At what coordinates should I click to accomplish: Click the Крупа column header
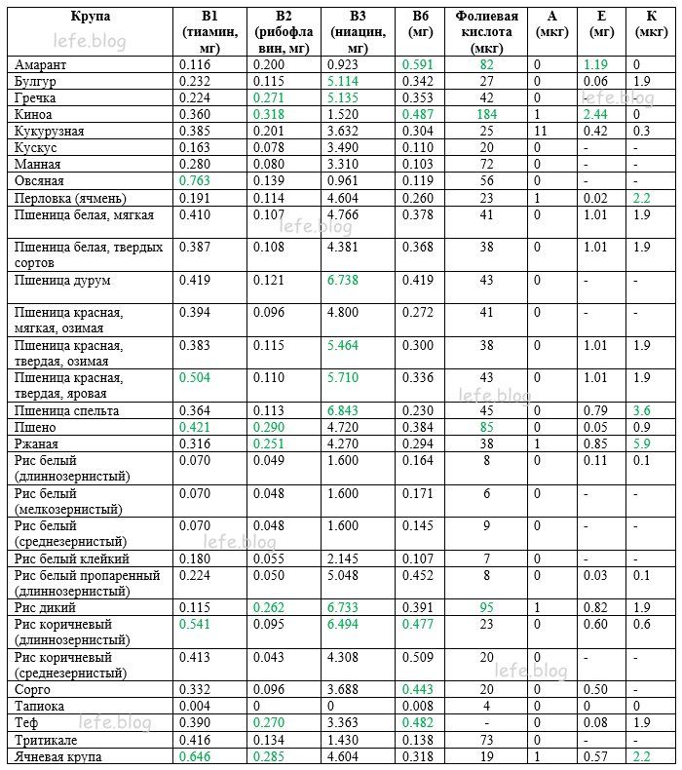coord(91,17)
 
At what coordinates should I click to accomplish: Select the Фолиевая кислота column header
coord(486,31)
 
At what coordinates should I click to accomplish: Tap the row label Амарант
coord(41,64)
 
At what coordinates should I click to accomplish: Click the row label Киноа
coord(34,114)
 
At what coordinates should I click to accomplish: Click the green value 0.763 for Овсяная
coord(197,180)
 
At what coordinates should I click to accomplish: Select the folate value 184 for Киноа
coord(487,114)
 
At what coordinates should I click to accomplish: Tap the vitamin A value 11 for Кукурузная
coord(538,131)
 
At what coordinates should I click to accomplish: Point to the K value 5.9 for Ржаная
coord(641,444)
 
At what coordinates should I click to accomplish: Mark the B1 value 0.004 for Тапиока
coord(196,706)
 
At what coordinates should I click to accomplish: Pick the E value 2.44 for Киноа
coord(596,114)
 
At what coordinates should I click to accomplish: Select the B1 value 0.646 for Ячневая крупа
coord(197,756)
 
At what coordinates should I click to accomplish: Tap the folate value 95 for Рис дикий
coord(487,606)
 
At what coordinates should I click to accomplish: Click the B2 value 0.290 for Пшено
coord(268,428)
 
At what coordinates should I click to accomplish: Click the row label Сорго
coord(32,689)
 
